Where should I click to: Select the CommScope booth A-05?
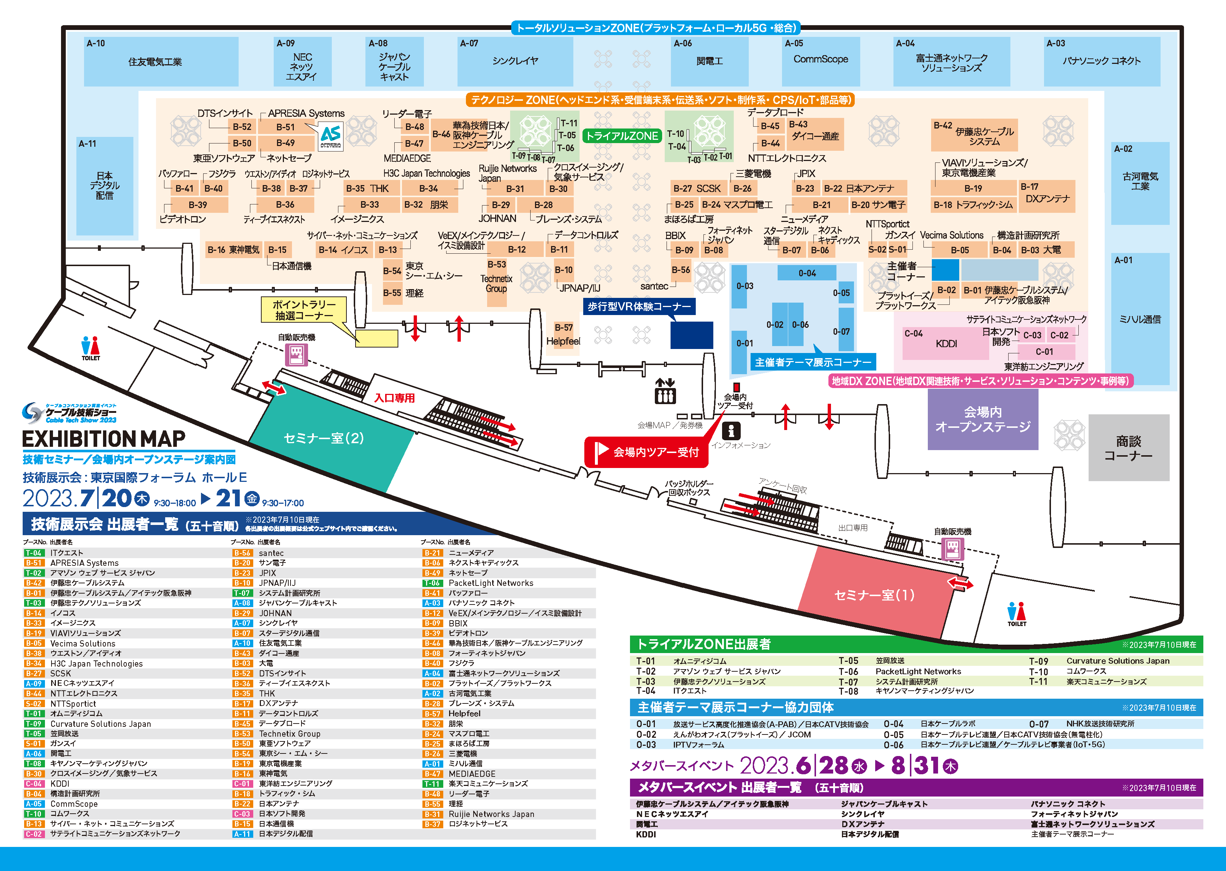coord(820,60)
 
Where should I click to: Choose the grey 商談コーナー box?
coord(1128,448)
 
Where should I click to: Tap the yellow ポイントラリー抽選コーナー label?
coord(304,310)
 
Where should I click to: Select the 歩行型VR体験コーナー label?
coord(639,306)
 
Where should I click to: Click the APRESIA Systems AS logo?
coord(331,136)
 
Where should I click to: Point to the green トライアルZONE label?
coord(622,136)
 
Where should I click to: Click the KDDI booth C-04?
coord(945,343)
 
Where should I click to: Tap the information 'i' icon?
coord(730,430)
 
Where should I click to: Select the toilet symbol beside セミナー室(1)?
coord(1016,613)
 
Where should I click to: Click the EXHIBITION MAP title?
coord(104,439)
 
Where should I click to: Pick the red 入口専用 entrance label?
coord(395,398)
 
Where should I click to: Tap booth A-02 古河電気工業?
coord(1140,181)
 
